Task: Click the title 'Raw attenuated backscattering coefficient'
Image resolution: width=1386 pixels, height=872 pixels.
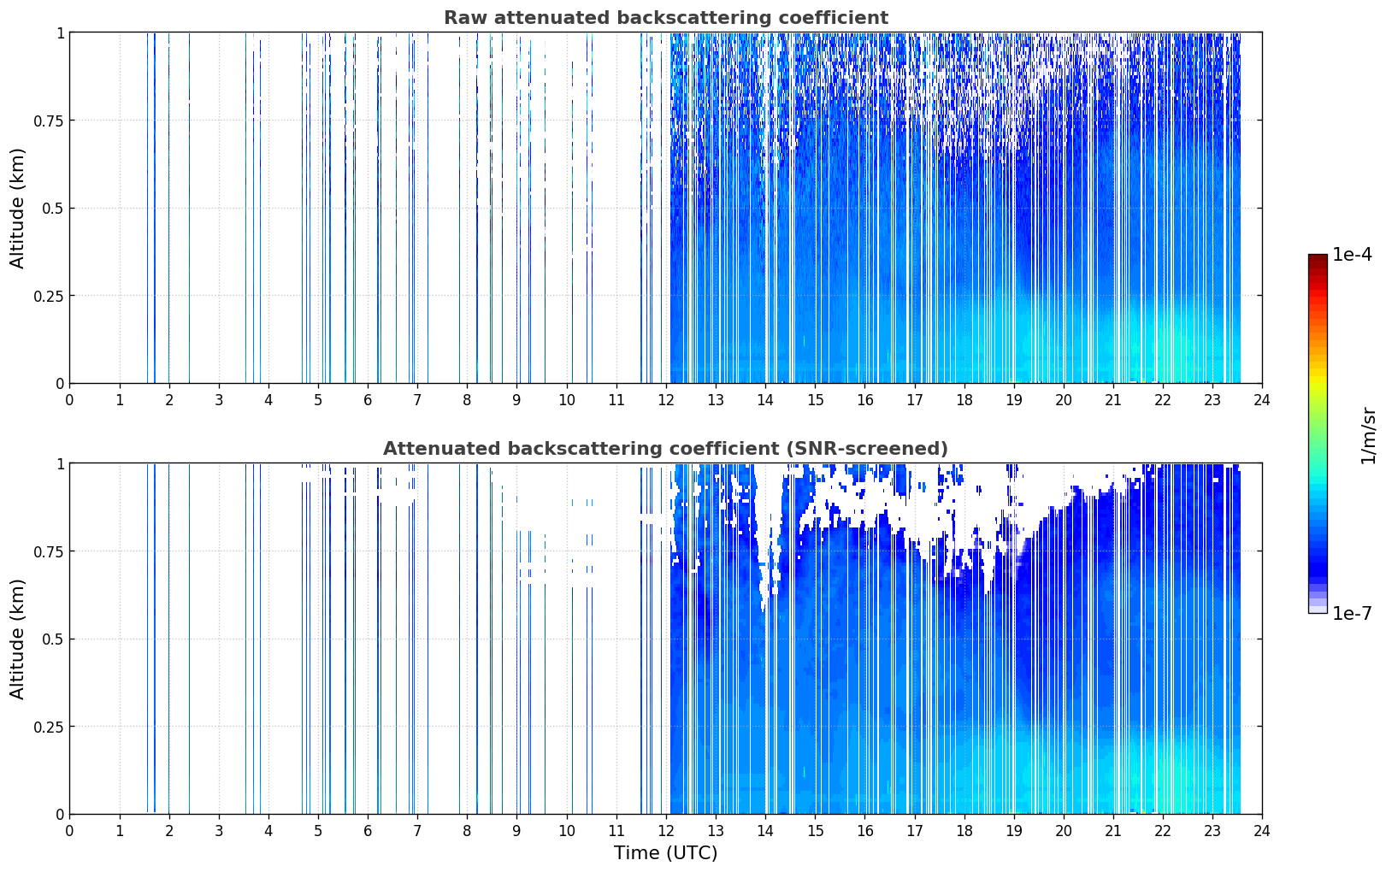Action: coord(666,18)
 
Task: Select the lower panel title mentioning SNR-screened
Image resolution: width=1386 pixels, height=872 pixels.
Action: coord(666,448)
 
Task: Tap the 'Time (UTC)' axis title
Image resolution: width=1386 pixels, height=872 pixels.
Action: coord(666,853)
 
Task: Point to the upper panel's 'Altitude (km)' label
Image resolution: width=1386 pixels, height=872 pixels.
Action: coord(17,209)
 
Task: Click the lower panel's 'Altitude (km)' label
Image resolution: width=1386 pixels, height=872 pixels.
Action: coord(17,639)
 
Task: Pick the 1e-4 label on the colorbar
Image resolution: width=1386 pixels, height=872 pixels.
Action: coord(1353,255)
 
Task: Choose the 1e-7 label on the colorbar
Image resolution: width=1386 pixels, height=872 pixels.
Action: coord(1353,614)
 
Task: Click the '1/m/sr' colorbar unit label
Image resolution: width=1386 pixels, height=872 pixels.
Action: coord(1369,435)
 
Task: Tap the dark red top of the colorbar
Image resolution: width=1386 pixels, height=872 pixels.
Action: coord(1318,258)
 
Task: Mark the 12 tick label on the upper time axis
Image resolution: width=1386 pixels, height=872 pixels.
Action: coord(666,400)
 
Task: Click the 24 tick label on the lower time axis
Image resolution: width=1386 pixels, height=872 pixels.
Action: coord(1262,831)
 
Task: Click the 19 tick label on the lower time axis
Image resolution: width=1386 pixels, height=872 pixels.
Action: coord(1013,831)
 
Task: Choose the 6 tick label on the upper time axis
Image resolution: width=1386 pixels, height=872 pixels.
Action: coord(368,400)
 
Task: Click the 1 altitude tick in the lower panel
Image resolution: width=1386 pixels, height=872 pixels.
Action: coord(60,464)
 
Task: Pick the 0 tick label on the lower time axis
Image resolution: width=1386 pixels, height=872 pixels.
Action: coord(69,831)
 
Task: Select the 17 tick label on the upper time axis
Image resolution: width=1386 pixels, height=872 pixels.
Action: coord(915,400)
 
